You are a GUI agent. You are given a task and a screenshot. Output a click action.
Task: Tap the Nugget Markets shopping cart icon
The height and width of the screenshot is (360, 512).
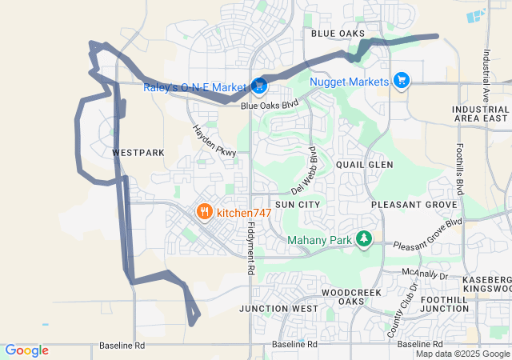[x=402, y=80]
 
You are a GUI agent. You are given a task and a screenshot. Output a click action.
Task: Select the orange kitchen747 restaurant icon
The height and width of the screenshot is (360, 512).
[x=205, y=212]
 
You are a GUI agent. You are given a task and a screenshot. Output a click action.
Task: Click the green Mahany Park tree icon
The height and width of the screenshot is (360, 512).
[x=364, y=238]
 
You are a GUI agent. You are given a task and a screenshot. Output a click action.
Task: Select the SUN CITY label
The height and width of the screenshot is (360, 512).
[x=298, y=205]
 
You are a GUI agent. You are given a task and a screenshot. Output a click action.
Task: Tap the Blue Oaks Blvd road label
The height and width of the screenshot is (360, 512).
[x=269, y=104]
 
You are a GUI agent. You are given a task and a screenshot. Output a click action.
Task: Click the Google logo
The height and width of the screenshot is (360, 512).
[x=26, y=350]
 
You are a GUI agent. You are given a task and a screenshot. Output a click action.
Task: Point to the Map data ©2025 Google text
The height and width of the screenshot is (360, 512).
[x=462, y=354]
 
